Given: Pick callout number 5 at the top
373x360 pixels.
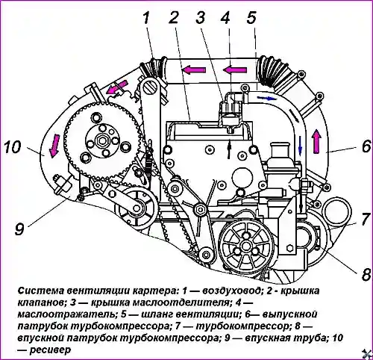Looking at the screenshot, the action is point(251,18).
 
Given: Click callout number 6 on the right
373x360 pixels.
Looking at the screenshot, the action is point(366,146).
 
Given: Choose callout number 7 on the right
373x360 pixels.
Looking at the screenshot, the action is point(365,219).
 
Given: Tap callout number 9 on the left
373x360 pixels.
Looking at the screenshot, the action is point(19,229).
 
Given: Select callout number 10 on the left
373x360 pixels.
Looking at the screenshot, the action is point(13,147).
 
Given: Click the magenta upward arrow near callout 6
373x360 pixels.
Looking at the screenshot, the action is point(316,141).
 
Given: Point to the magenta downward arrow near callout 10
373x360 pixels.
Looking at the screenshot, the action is point(54,146).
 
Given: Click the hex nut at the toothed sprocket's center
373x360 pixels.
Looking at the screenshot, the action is point(101,141).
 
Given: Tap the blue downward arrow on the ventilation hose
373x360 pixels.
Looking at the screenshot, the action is point(300,146).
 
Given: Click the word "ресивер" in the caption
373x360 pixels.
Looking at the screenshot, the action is point(50,350).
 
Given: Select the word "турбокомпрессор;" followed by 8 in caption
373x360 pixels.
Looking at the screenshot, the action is point(240,326).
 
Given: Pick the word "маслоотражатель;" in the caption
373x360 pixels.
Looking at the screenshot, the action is point(67,314).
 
